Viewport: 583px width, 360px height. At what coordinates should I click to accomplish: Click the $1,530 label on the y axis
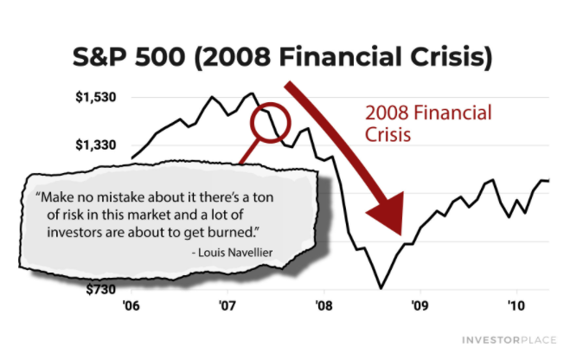coord(95,97)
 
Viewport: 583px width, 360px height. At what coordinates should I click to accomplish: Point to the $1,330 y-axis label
coord(95,145)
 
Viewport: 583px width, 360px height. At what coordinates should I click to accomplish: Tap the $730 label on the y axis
coord(100,289)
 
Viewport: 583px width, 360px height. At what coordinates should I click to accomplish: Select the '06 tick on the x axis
coord(131,305)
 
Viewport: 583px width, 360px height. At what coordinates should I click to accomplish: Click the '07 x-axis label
coord(227,305)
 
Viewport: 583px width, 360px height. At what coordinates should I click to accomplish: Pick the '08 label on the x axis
coord(324,305)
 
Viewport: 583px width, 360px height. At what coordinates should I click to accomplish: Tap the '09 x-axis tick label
coord(420,305)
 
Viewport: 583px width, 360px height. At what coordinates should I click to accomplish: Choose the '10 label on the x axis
coord(516,305)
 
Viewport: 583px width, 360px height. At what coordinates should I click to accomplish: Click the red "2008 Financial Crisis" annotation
coord(428,124)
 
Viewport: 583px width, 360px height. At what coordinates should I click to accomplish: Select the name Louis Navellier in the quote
coord(235,253)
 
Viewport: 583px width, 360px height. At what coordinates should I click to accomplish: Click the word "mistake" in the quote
coord(122,197)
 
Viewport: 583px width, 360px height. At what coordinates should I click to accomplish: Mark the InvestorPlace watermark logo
coord(509,340)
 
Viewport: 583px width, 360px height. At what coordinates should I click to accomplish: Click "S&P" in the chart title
coord(99,57)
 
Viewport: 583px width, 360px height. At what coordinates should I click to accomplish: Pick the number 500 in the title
coord(160,57)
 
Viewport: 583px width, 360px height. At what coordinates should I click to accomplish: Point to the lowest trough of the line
coord(381,288)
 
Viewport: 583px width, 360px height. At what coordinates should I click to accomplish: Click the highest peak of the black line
coord(252,93)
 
